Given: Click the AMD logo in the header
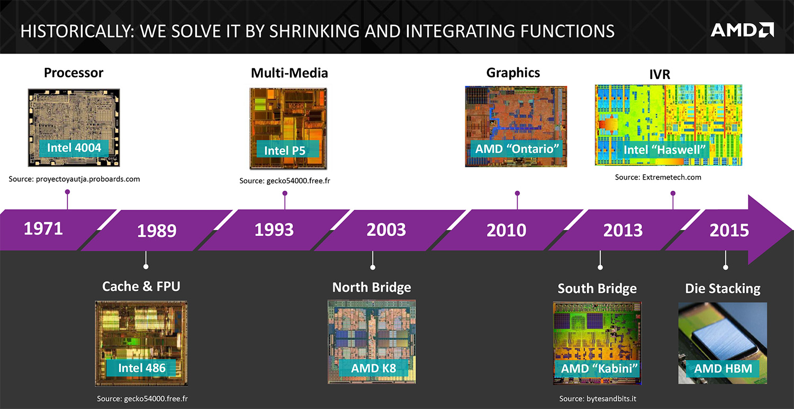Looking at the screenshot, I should point(742,30).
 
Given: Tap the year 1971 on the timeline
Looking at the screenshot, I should point(43,229).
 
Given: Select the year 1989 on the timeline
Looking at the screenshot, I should point(157,231).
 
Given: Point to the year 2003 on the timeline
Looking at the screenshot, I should point(386,230).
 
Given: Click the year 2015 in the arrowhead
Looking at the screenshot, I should point(729,230).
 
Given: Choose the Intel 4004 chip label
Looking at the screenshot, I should point(74,147).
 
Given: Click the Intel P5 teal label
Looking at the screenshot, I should point(284,150).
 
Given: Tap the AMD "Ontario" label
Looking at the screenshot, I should point(517,148).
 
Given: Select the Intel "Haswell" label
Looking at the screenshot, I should point(665,149).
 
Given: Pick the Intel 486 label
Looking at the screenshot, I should point(142,368).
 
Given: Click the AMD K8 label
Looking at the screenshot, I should point(374,367).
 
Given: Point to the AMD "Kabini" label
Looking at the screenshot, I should point(598,368).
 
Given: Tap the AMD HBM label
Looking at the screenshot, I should point(723,368).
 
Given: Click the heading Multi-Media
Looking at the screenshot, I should point(290,73).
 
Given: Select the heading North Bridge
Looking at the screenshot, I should point(372,287).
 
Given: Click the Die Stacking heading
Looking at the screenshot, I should point(723,289).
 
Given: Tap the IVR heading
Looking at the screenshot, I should point(660,74).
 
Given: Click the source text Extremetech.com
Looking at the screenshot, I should point(658,177).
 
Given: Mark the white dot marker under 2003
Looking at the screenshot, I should point(373,268).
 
